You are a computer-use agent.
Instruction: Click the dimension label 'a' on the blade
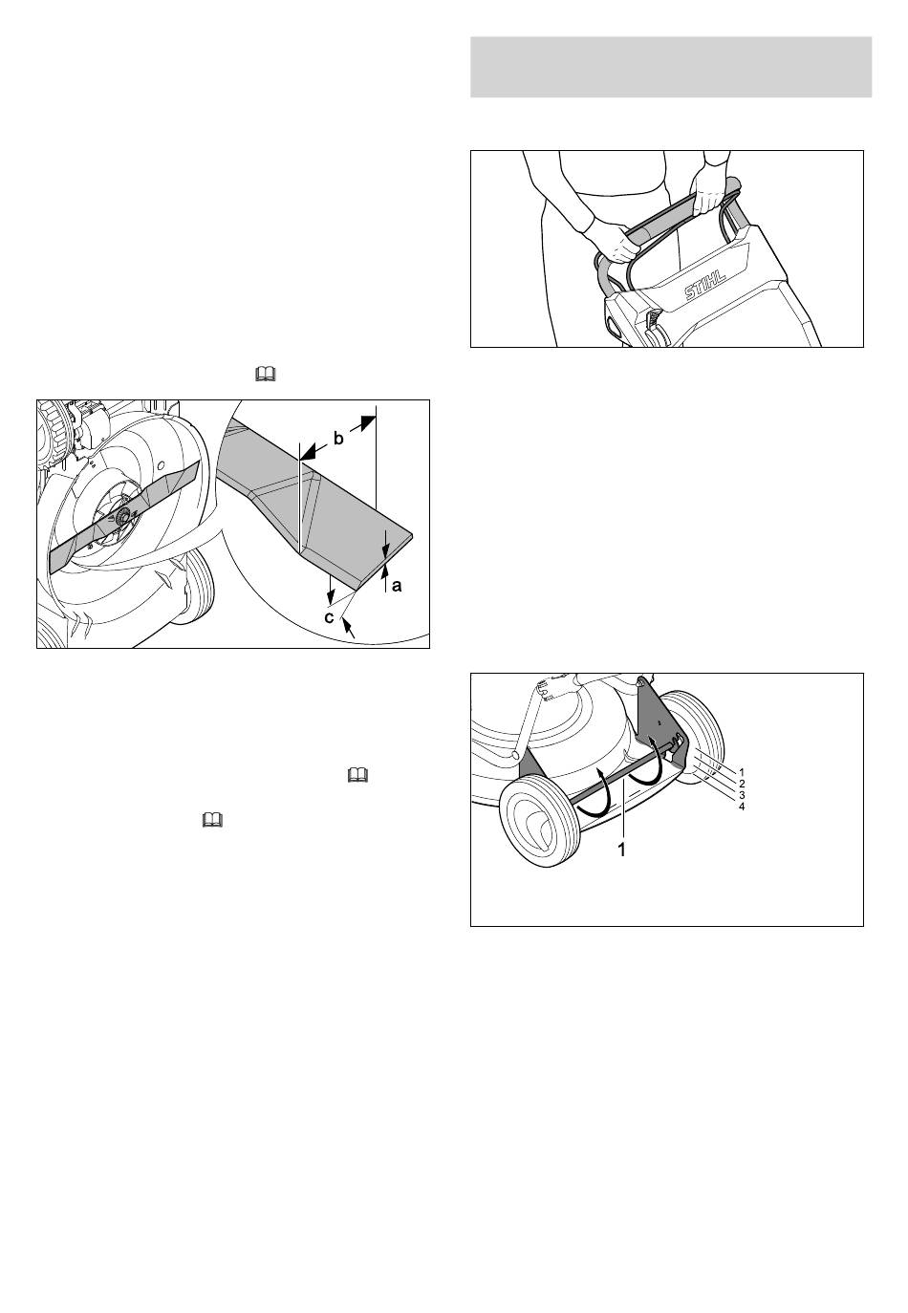397,585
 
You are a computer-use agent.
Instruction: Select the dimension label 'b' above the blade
338,439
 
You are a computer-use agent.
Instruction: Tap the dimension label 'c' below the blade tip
330,617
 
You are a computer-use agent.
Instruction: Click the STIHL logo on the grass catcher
705,286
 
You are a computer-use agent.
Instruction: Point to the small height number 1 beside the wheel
742,772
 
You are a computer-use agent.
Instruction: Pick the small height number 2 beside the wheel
742,784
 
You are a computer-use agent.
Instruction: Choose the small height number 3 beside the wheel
742,795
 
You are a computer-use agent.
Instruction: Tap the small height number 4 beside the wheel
742,807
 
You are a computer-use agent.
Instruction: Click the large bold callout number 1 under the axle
622,850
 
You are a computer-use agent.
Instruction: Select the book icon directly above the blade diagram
266,374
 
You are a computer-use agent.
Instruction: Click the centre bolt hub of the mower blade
123,515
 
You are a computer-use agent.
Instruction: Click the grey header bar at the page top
671,67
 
